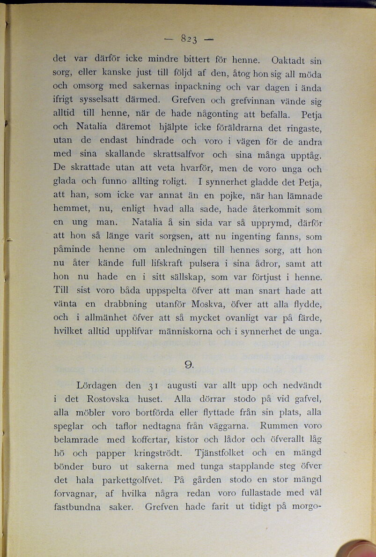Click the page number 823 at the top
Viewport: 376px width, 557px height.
[x=189, y=39]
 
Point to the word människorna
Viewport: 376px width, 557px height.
[x=187, y=331]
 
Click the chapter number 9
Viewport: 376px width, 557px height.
[x=189, y=364]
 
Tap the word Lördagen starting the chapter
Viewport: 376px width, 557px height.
[x=97, y=386]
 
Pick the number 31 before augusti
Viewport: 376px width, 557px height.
[x=153, y=387]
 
